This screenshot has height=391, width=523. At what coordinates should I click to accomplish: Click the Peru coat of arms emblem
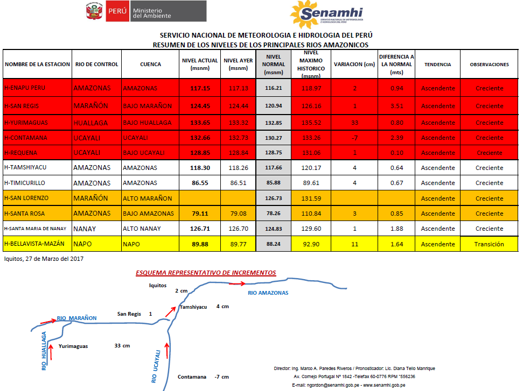click(x=93, y=11)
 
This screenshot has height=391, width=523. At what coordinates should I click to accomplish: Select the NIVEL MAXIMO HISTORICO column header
click(x=311, y=64)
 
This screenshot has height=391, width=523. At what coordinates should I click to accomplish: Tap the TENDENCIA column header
click(x=437, y=65)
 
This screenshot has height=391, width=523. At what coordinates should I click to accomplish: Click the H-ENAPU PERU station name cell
click(x=25, y=88)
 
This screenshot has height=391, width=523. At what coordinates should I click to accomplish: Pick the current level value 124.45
click(x=200, y=106)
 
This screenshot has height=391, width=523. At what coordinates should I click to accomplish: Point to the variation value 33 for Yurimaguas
click(x=354, y=123)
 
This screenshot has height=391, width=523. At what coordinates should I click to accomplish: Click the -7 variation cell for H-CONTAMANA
click(x=355, y=138)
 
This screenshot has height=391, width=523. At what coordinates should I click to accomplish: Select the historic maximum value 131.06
click(x=311, y=153)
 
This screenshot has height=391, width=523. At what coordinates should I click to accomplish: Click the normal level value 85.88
click(x=274, y=183)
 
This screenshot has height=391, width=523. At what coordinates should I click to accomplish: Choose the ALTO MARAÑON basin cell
click(x=148, y=198)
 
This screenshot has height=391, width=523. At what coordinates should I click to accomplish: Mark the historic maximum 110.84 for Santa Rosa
click(x=311, y=214)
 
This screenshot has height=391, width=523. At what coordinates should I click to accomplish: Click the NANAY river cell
click(x=85, y=229)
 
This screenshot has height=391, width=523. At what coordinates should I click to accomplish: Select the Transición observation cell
click(x=489, y=244)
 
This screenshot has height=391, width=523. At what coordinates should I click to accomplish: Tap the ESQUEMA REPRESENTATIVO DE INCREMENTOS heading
click(x=206, y=273)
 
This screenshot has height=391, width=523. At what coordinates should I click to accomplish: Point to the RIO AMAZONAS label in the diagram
click(x=268, y=293)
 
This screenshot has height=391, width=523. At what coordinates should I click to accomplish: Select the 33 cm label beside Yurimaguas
click(x=122, y=346)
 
